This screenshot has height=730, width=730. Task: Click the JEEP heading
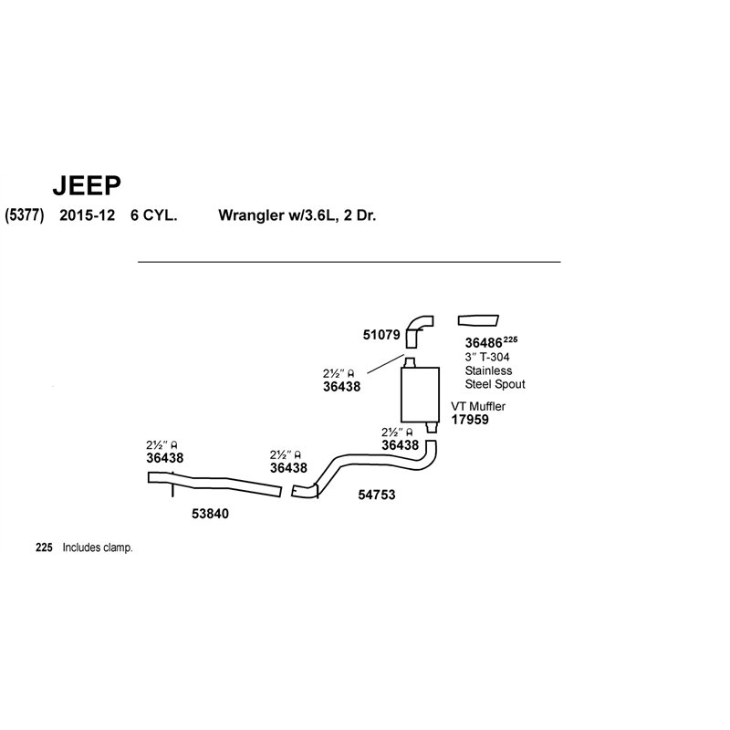point(87,185)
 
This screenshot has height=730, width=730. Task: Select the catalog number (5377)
point(25,215)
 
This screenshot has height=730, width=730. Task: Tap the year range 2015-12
point(87,215)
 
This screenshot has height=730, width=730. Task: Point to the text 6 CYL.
point(153,215)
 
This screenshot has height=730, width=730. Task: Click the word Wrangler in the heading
point(249,215)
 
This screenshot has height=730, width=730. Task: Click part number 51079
point(381,335)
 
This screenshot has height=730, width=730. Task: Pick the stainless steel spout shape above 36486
point(478,320)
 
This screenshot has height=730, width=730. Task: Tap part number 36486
point(484,343)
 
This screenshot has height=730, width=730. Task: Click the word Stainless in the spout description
point(488,370)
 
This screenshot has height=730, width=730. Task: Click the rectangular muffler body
point(420,394)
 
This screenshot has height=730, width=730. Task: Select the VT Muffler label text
point(478,406)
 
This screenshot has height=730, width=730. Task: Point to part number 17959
point(470,420)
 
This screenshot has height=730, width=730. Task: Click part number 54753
point(377,495)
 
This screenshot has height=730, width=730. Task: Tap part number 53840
point(211,514)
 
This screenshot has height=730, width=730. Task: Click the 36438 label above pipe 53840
point(165,458)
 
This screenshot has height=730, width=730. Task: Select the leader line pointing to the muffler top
point(385,363)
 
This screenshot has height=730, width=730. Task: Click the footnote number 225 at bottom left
point(44,547)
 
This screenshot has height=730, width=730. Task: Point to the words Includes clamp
point(98,547)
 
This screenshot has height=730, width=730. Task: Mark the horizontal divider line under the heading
point(349,262)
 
